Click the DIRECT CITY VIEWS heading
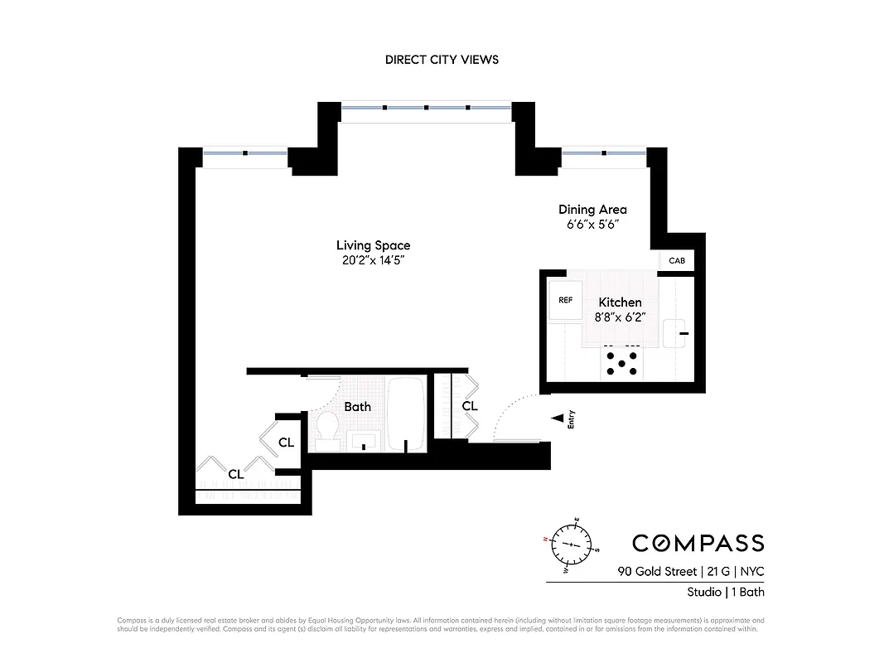click(x=442, y=60)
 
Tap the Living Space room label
click(x=373, y=245)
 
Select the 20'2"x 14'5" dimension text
click(x=373, y=260)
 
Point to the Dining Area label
click(x=592, y=210)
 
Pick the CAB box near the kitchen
click(x=676, y=261)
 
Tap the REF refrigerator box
click(x=566, y=300)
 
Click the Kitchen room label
click(x=621, y=302)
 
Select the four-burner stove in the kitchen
click(x=621, y=364)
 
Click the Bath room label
click(x=358, y=407)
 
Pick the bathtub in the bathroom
click(x=407, y=415)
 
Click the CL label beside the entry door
click(x=470, y=406)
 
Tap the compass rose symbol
click(x=572, y=544)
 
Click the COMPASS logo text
click(x=698, y=543)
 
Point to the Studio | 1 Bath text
click(x=725, y=592)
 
